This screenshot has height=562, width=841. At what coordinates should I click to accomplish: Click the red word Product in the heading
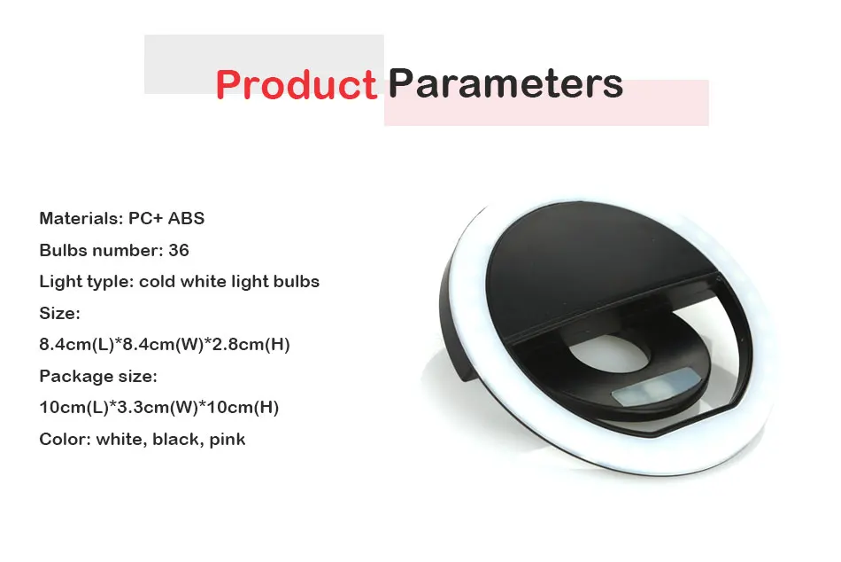pos(297,85)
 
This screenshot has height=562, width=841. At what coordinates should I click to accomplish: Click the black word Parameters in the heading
pos(505,84)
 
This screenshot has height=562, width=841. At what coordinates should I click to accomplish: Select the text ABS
pos(186,219)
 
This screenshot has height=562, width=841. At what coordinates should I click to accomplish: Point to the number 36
pos(179,250)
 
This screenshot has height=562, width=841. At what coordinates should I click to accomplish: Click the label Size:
pos(59,313)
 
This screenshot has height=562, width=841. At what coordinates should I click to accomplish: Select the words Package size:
pos(98,376)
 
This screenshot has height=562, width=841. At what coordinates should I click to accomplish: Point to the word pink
pos(228,440)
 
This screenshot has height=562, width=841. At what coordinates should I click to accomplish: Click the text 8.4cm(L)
pos(77,345)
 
